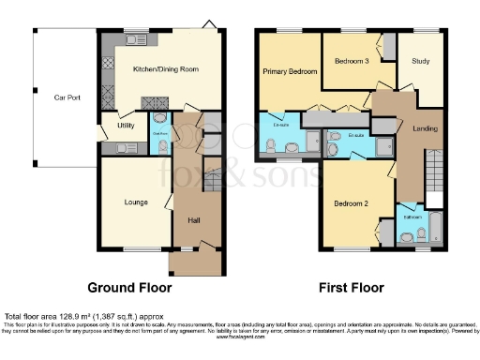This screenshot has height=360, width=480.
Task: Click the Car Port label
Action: click(65, 97)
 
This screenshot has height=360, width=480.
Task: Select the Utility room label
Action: click(126, 125)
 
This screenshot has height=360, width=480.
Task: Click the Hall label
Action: click(194, 220)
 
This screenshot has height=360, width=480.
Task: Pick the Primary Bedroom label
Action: click(289, 70)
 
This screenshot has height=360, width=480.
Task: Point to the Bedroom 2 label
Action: click(352, 202)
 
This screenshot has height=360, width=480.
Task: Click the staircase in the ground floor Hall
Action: click(211, 178)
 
